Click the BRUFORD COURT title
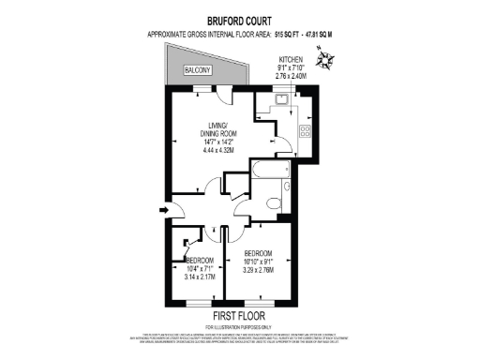pos(239,18)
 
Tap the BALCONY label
pos(197,70)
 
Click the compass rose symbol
pos(325,63)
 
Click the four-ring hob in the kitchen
pos(305,130)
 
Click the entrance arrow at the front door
pos(165,210)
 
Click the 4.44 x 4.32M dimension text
pos(222,151)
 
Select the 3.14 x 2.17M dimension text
pos(201,277)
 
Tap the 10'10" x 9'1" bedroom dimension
pos(259,262)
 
